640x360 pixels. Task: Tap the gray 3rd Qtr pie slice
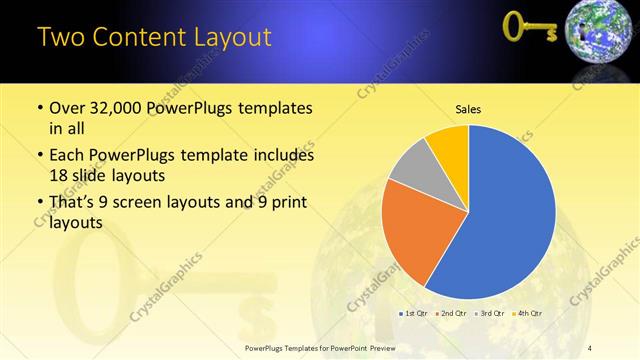[411, 165]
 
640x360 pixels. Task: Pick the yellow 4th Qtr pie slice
[449, 144]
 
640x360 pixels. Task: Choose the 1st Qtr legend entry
[415, 314]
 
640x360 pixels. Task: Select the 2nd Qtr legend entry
[452, 314]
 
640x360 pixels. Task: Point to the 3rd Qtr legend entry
[490, 314]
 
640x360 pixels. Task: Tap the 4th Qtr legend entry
[528, 314]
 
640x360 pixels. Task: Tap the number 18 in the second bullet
[60, 174]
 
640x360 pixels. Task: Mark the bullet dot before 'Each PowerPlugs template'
[39, 156]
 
